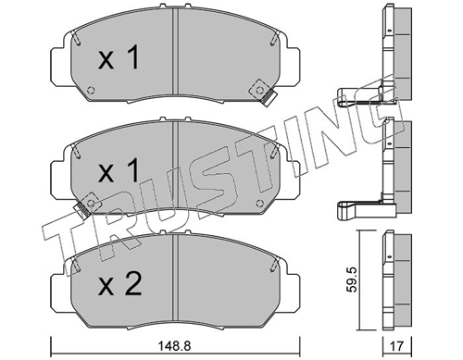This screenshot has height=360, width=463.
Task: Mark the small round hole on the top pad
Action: pos(93,91)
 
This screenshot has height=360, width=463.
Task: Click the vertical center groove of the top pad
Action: pos(174,56)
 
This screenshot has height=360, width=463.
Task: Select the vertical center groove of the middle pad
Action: pos(174,167)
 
